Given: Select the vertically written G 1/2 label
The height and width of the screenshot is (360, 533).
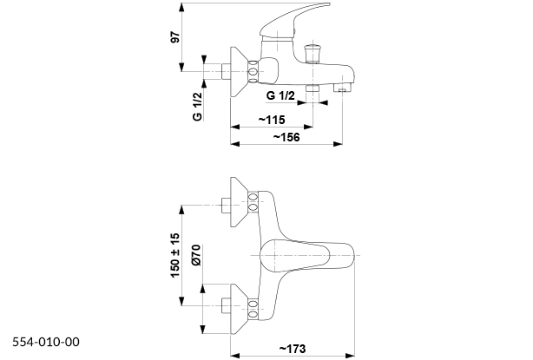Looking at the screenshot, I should click(x=197, y=107).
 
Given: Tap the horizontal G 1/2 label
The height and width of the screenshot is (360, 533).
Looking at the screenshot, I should click(x=283, y=95).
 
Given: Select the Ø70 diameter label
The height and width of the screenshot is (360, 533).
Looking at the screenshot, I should click(x=196, y=257).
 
